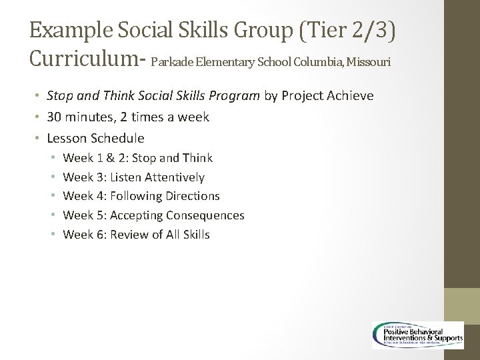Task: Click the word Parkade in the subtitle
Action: (x=175, y=62)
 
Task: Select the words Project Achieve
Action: (x=327, y=96)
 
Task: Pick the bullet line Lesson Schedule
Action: (x=95, y=139)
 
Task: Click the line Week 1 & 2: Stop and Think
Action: (x=137, y=158)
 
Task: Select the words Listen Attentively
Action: (x=157, y=177)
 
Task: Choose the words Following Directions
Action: (x=165, y=196)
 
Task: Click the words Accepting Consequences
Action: (x=177, y=215)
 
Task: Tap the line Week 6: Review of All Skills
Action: (x=136, y=235)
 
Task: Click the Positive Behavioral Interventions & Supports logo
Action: (x=418, y=335)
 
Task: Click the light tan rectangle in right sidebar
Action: (x=462, y=306)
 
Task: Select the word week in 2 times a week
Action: (x=194, y=117)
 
